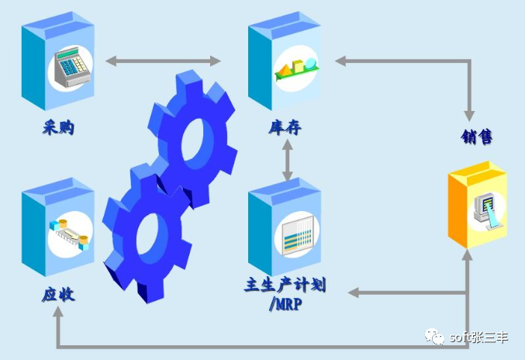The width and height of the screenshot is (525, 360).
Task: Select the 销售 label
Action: [476, 137]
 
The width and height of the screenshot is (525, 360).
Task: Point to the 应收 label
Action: [58, 295]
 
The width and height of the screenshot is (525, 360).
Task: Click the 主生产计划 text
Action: [285, 285]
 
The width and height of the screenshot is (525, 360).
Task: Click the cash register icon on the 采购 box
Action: [70, 68]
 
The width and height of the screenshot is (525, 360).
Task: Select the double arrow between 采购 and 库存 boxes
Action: [163, 61]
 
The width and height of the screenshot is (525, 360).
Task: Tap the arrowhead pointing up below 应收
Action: [59, 314]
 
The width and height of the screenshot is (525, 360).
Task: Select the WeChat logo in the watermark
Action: [432, 336]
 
